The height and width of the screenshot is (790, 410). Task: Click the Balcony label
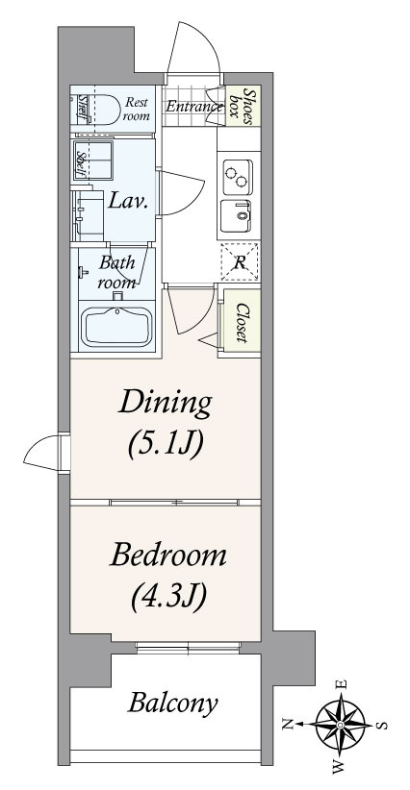pos(172,703)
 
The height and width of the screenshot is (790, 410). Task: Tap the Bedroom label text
pos(168,555)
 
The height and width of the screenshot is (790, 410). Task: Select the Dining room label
pos(165,404)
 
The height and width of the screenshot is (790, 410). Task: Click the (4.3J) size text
pos(168,596)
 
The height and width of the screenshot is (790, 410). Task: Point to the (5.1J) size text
pos(166,445)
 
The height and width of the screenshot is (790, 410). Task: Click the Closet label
pos(242,323)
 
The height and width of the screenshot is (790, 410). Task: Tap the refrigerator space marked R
pos(240,261)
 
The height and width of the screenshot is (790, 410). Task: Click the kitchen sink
pos(236,216)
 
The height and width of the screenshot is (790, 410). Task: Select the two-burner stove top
pos(238,177)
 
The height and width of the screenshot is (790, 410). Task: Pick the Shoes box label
pos(243,107)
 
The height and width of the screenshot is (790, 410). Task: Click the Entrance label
pos(194,107)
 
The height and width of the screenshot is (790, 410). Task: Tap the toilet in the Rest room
pos(102,109)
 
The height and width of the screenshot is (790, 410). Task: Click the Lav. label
pos(129,203)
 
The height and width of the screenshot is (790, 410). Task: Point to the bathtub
pos(116,327)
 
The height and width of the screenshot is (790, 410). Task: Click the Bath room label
pos(116,272)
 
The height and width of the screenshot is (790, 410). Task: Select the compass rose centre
pos(340,725)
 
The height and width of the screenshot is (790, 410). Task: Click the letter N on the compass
pos(288,724)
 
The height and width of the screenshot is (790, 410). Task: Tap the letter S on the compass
pos(382,726)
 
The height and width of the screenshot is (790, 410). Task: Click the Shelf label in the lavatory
pos(80,164)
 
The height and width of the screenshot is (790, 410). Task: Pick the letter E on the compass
pos(342,684)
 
